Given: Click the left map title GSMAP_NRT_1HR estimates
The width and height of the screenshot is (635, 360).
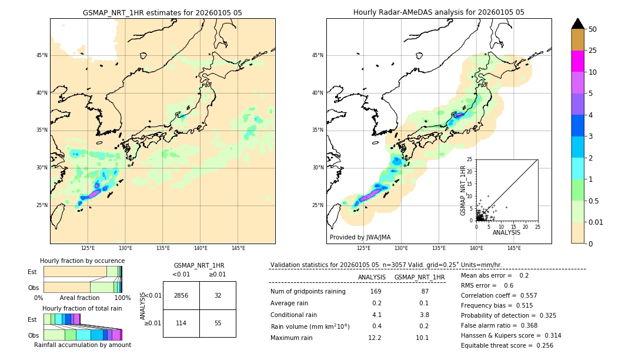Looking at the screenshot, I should click(162, 12).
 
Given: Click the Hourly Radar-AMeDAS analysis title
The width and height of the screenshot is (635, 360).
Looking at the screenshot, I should click(439, 12).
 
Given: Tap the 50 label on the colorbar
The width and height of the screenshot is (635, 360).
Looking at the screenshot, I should click(593, 29).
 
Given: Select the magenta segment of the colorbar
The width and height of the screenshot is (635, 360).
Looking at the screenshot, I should click(577, 61).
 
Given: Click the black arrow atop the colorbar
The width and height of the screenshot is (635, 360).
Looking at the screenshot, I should click(577, 24).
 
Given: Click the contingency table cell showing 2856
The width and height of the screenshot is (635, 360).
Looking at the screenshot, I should click(181, 295).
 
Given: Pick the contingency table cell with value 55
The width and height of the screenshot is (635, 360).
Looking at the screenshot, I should click(218, 324).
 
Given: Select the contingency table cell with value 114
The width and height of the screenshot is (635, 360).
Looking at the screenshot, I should click(181, 324).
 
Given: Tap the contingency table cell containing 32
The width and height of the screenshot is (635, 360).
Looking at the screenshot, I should click(218, 295).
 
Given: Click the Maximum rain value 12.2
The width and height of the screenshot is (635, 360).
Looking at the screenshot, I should click(375, 338).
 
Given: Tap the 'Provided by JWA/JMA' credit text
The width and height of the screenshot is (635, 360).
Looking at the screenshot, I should click(360, 238).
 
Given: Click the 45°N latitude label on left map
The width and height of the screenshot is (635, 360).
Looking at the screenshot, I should click(42, 55).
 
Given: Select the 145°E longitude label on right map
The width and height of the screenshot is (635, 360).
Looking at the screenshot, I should click(514, 248).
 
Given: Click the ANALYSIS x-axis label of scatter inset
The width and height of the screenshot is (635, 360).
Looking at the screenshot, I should click(506, 232).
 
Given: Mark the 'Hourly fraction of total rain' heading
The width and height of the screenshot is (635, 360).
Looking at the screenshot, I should click(82, 308).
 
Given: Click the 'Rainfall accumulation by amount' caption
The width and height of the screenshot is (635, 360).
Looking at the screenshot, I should click(82, 345).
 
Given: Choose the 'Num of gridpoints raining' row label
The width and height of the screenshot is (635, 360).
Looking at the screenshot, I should click(308, 292).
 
